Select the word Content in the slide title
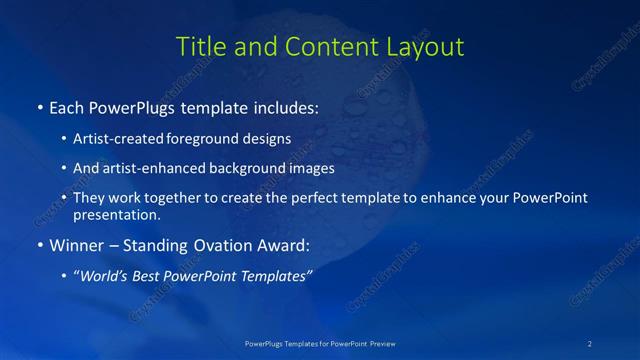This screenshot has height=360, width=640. pyautogui.click(x=326, y=46)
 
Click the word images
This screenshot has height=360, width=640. pyautogui.click(x=309, y=169)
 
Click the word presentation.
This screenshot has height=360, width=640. pyautogui.click(x=116, y=214)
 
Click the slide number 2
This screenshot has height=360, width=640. pyautogui.click(x=589, y=343)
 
